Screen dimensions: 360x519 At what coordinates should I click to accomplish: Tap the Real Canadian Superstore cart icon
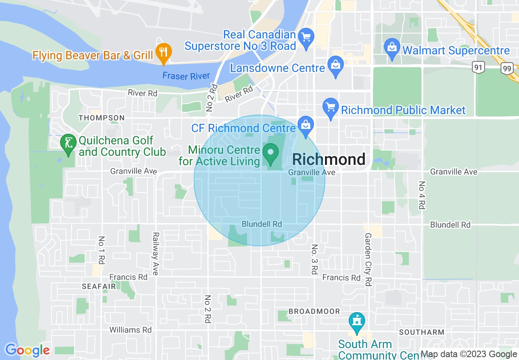[x=306, y=37]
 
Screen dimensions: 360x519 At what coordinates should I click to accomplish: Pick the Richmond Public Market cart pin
[x=330, y=108]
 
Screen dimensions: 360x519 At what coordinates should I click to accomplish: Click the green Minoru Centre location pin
[x=270, y=154]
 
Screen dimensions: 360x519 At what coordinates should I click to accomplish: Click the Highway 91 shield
[x=478, y=67]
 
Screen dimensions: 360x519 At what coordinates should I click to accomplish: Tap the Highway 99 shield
[x=507, y=68]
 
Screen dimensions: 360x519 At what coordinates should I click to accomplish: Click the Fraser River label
[x=186, y=76]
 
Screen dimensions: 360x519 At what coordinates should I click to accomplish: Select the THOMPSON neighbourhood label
[x=102, y=118]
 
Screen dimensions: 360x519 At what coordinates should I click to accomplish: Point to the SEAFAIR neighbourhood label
[x=99, y=286]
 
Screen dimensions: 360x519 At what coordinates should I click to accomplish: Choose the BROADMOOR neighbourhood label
[x=314, y=311]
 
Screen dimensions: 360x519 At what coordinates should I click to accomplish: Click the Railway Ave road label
[x=156, y=254]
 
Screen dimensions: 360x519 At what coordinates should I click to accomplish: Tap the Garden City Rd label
[x=368, y=259]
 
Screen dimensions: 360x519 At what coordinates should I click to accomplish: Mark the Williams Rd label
[x=130, y=330]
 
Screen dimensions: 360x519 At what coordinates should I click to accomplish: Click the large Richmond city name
[x=329, y=159]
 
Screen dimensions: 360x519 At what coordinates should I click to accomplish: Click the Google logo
[x=27, y=350]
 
